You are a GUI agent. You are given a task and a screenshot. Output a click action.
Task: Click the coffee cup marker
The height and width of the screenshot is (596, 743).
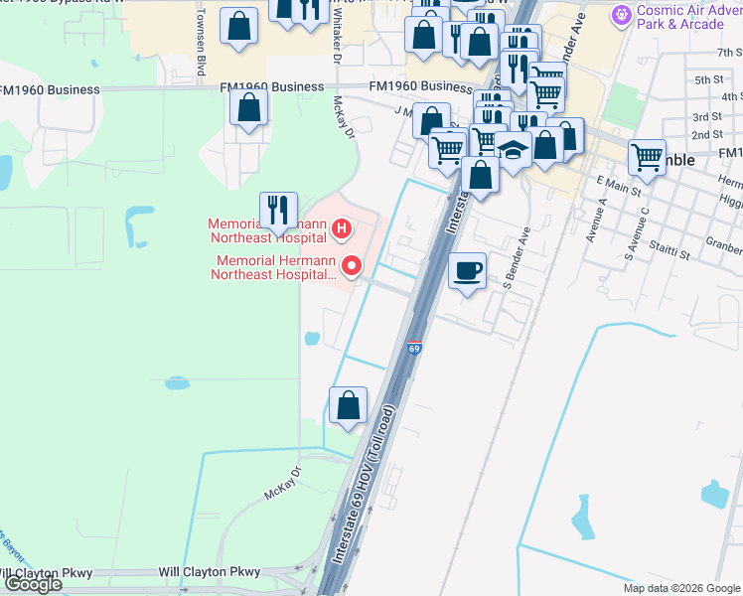click(467, 270)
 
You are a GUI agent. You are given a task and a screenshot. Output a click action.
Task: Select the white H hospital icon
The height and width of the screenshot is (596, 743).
click(342, 230)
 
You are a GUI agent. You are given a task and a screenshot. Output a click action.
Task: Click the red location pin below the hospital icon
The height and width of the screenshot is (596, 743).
click(351, 266)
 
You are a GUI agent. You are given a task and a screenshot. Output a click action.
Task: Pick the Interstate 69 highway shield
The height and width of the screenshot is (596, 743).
click(414, 349)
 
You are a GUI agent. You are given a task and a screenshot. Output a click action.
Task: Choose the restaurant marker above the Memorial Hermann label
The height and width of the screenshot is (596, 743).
click(278, 209)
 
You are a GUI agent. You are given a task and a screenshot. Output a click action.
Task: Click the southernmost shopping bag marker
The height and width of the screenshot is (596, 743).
click(348, 405)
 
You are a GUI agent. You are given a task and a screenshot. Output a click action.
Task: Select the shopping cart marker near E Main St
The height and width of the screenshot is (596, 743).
click(647, 155)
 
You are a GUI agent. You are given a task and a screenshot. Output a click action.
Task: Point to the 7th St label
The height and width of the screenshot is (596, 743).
click(729, 52)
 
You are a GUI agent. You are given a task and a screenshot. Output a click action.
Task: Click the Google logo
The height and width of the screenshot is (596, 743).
click(32, 584)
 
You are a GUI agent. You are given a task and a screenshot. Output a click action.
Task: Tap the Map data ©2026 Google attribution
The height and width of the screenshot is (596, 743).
click(680, 587)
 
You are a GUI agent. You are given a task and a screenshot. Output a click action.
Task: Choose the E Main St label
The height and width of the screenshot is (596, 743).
click(615, 182)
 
